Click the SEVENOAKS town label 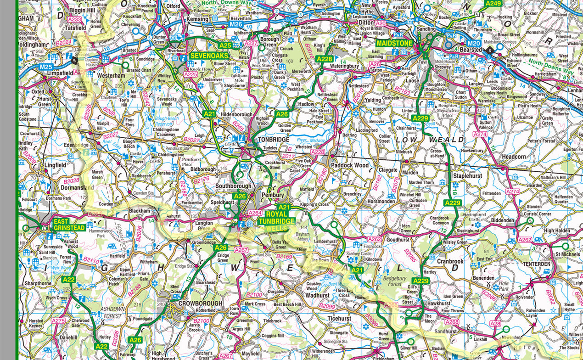(x=206, y=55)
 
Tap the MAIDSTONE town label (x=395, y=43)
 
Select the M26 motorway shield (x=235, y=24)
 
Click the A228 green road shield (x=324, y=59)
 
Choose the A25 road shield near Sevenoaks (x=225, y=45)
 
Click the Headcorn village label (x=513, y=156)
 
